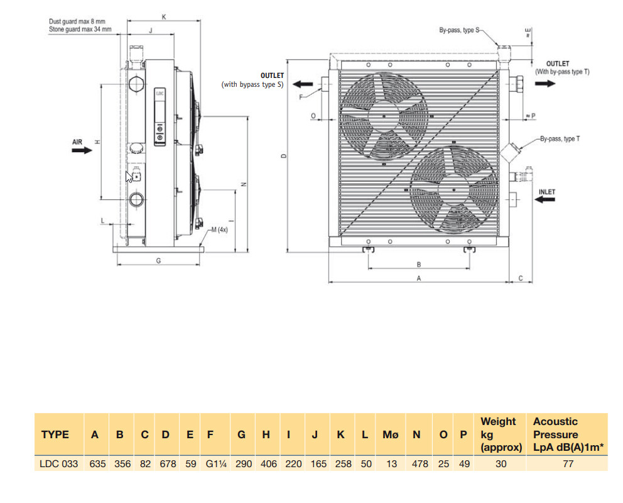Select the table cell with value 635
coord(95,464)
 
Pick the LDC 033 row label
coord(60,464)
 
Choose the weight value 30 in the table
coord(501,464)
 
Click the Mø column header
coord(391,434)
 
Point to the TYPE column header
coord(55,434)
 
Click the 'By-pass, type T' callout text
coord(560,138)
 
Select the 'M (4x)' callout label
coord(219,230)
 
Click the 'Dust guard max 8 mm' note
coord(77,21)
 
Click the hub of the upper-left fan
coord(382,116)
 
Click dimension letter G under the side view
coord(158,260)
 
